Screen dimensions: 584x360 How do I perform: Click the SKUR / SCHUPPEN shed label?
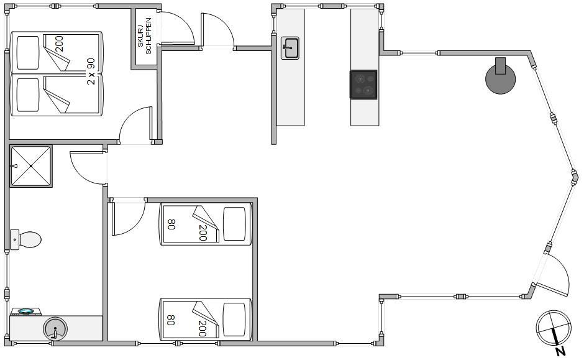144,36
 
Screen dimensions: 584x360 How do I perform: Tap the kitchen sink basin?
290,48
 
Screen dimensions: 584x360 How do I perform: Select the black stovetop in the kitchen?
363,85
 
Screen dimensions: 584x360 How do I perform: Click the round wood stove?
501,78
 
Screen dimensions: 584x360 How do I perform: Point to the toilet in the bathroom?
25,239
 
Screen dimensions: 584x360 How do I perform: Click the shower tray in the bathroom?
31,166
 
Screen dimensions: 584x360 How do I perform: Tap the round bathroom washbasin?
55,328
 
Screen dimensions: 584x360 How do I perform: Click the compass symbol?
554,328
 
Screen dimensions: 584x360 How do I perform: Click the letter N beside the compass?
560,351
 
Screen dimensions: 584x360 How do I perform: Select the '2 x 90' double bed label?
91,71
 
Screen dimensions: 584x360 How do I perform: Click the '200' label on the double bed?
59,44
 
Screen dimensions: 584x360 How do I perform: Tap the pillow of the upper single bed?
234,224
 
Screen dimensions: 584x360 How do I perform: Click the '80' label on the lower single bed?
171,320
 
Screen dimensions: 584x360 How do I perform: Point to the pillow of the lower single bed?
234,320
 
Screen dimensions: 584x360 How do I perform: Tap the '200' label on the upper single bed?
203,233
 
